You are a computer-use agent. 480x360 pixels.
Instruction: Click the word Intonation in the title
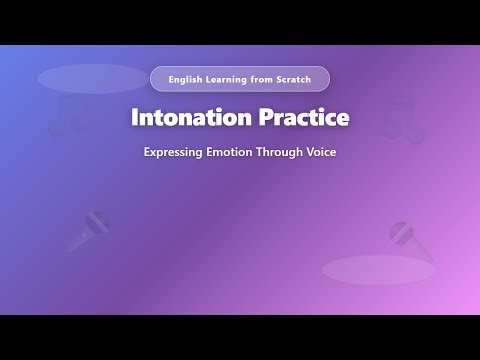pyautogui.click(x=189, y=117)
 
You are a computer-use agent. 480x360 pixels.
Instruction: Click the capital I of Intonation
pyautogui.click(x=135, y=117)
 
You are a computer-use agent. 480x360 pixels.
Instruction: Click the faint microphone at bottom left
pyautogui.click(x=88, y=230)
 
